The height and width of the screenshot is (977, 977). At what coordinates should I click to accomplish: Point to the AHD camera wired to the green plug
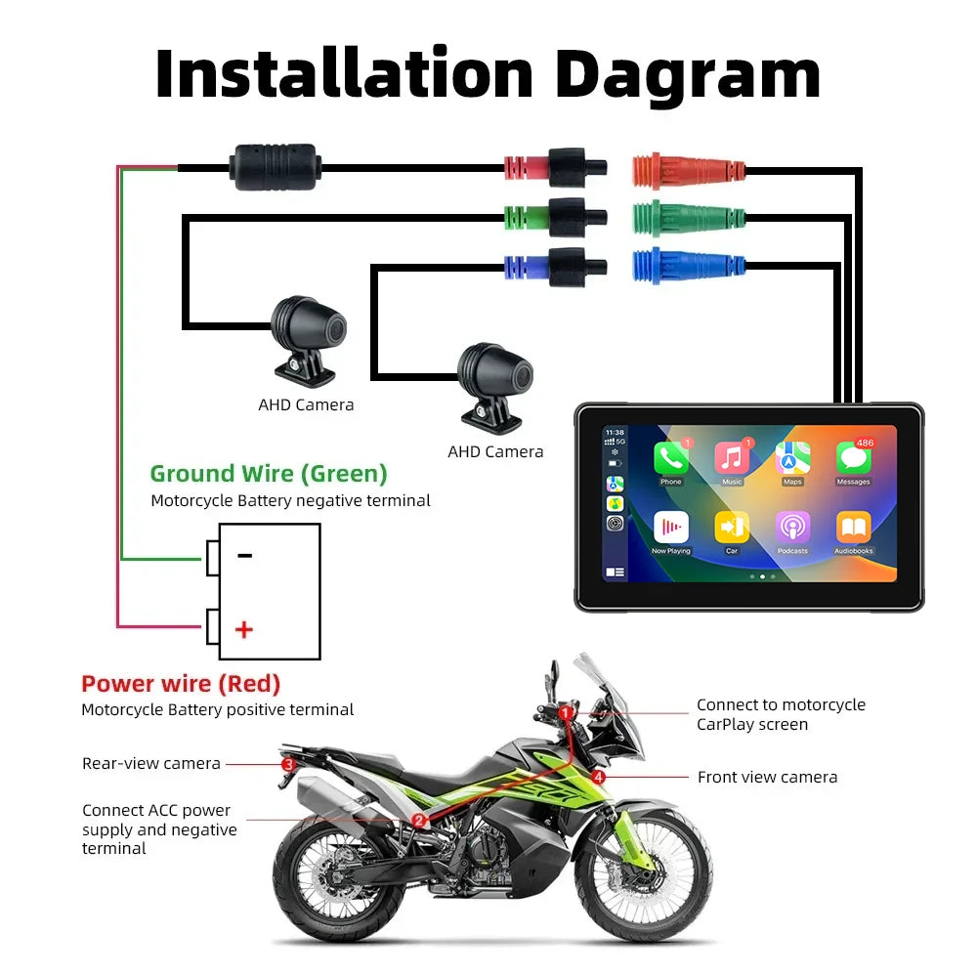point(308,336)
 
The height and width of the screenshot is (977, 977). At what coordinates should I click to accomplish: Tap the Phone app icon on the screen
point(671,458)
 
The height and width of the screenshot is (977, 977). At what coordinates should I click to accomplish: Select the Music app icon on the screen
point(732,458)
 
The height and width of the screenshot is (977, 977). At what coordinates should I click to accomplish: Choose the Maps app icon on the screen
point(792,458)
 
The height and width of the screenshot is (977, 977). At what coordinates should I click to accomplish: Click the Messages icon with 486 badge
point(853,458)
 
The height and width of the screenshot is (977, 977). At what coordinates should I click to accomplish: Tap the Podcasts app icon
point(792,528)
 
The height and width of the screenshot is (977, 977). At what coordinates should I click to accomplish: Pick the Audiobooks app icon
point(853,528)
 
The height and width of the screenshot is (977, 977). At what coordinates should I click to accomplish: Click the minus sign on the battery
point(244,556)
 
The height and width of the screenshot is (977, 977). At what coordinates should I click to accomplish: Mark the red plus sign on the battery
point(244,629)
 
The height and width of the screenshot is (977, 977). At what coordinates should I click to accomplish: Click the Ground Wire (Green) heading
point(269,474)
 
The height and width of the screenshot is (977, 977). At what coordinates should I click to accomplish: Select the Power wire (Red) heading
point(181,684)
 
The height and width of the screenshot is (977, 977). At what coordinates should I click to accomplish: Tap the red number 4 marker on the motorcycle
point(598,778)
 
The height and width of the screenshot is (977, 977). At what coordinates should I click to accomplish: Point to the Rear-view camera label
point(151,763)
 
